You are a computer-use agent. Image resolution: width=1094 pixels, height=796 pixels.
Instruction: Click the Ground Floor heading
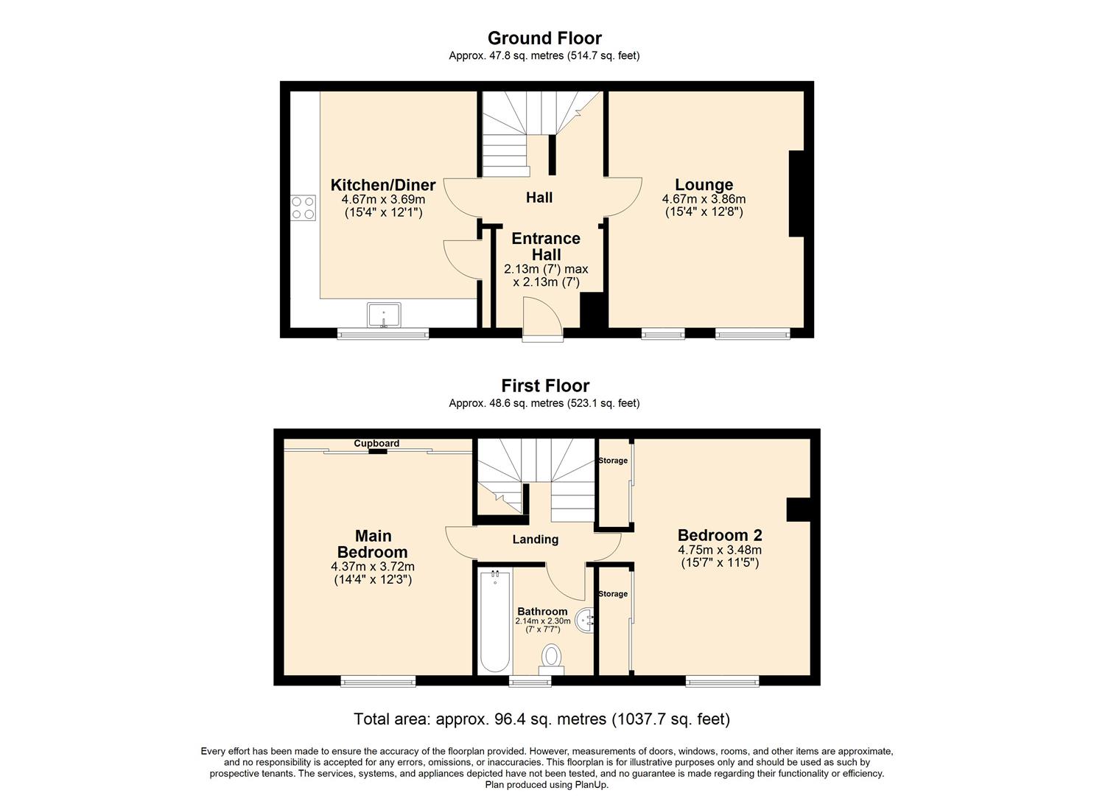544,38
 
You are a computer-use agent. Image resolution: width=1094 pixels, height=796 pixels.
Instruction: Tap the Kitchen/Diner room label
383,185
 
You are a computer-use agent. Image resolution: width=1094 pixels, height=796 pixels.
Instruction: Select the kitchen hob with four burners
304,208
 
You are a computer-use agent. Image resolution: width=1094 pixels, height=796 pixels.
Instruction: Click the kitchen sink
384,315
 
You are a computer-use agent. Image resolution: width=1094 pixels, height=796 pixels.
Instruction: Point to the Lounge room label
704,185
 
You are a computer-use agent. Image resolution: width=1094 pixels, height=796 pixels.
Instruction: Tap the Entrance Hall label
546,246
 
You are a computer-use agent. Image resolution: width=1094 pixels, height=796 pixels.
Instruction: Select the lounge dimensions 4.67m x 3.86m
704,199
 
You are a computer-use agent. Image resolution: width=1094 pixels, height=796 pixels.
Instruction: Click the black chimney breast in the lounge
796,194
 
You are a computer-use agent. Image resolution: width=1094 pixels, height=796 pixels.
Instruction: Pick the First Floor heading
545,386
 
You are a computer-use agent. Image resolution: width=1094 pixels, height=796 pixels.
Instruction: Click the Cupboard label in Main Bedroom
376,443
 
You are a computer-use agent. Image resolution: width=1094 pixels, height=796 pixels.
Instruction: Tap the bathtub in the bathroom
495,621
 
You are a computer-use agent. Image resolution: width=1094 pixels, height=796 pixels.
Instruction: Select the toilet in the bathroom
551,660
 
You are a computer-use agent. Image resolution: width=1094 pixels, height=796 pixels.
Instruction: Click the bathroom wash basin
585,621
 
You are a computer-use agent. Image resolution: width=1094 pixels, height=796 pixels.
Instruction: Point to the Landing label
536,540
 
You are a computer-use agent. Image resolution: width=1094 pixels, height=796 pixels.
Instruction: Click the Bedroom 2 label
720,535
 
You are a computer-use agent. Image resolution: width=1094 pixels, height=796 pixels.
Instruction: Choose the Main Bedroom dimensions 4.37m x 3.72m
373,567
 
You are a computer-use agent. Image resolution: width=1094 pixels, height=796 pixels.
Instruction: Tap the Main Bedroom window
379,681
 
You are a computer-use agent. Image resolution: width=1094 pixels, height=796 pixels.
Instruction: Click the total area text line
541,719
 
